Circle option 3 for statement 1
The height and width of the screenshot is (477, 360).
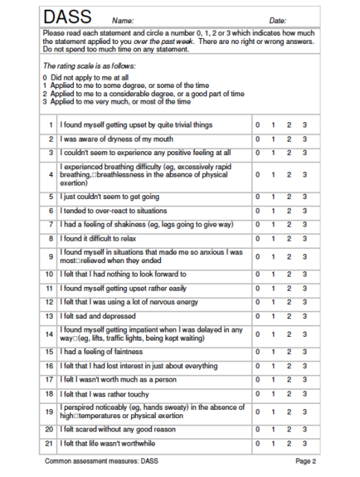click(x=305, y=124)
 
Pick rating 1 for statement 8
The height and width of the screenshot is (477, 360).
click(x=273, y=238)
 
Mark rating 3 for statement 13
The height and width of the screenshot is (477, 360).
click(x=305, y=316)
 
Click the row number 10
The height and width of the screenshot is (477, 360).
click(x=49, y=295)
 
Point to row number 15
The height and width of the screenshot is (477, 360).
click(x=49, y=352)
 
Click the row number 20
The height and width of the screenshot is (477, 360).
click(x=49, y=430)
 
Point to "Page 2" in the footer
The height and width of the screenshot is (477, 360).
click(x=306, y=462)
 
